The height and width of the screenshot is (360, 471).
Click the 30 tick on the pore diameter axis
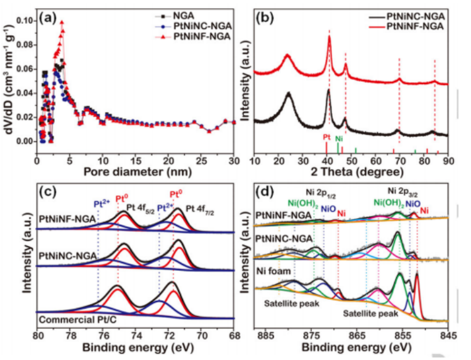click(x=233, y=161)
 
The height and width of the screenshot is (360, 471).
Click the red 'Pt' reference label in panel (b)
click(x=326, y=136)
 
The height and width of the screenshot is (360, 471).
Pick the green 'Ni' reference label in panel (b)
click(x=339, y=138)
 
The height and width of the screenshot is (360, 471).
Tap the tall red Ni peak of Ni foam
click(x=416, y=275)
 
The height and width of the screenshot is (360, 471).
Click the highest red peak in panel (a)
click(x=62, y=22)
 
